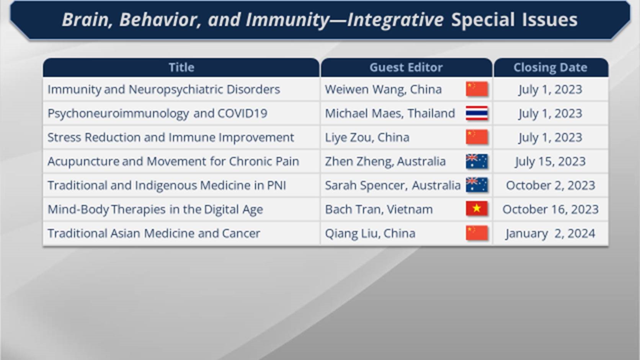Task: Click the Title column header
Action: pyautogui.click(x=181, y=67)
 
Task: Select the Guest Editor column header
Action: pyautogui.click(x=406, y=67)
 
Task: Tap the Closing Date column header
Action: pyautogui.click(x=550, y=67)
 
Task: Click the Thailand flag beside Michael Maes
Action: pyautogui.click(x=477, y=113)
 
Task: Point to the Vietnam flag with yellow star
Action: pyautogui.click(x=477, y=209)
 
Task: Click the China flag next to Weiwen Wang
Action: pyautogui.click(x=477, y=89)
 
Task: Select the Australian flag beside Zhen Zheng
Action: pyautogui.click(x=477, y=161)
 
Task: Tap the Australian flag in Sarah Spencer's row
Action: pyautogui.click(x=477, y=185)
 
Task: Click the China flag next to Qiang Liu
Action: pyautogui.click(x=477, y=233)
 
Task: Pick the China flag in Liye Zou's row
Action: pyautogui.click(x=477, y=137)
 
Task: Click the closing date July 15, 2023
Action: pyautogui.click(x=550, y=161)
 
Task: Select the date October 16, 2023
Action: pyautogui.click(x=550, y=210)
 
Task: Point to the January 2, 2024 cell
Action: pyautogui.click(x=550, y=233)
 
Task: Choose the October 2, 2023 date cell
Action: pyautogui.click(x=550, y=186)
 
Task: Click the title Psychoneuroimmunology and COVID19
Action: pyautogui.click(x=157, y=114)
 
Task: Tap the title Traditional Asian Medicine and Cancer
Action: pyautogui.click(x=154, y=233)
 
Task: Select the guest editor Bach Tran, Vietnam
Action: pyautogui.click(x=379, y=210)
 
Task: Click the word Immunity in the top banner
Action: pyautogui.click(x=287, y=20)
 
